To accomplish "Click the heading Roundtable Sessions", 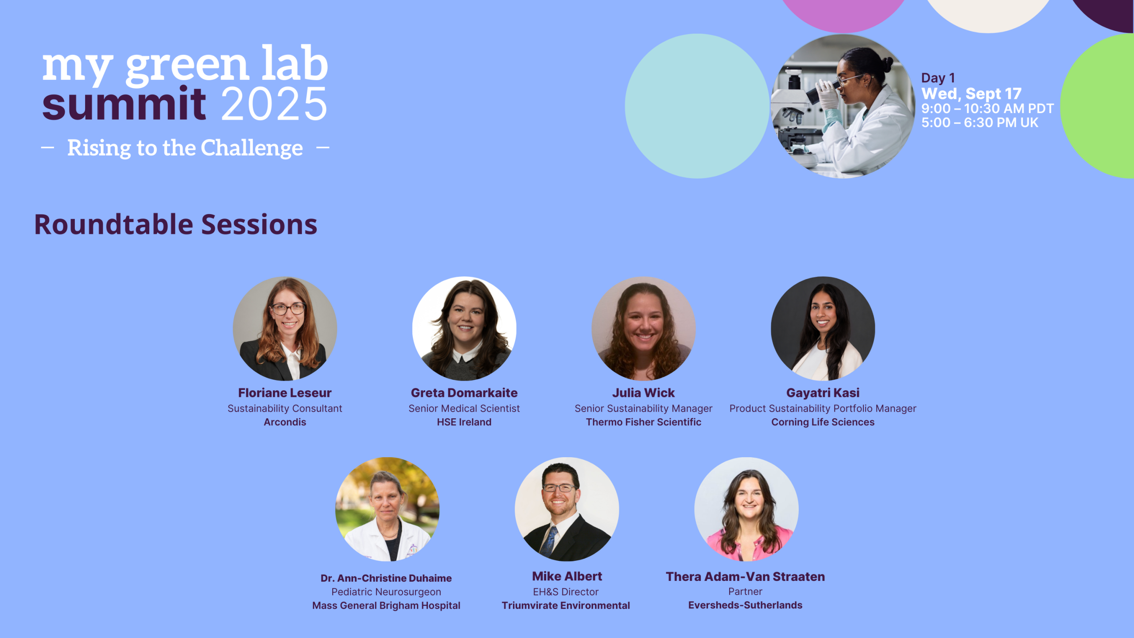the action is [176, 225].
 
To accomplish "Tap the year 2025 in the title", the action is [274, 104].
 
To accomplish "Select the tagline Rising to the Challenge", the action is [185, 148].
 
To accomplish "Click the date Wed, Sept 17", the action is [971, 94].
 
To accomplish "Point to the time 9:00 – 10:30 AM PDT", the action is [987, 109].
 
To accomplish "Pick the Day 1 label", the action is [938, 78].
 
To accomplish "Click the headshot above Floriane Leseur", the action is [285, 329].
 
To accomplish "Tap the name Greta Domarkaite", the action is [464, 393].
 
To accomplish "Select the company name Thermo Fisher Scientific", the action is [644, 422].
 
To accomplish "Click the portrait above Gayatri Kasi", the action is [823, 329].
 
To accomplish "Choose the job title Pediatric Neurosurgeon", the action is [386, 592].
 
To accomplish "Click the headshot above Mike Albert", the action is [567, 510].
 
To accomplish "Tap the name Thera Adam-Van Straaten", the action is [746, 576].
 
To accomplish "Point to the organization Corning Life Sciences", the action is [823, 422].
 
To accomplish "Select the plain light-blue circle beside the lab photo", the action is [697, 106].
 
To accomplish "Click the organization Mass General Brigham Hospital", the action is [386, 605].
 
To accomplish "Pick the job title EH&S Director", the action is [566, 592].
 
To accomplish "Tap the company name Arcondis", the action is [285, 422].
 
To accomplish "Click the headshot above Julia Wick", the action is [644, 329].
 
